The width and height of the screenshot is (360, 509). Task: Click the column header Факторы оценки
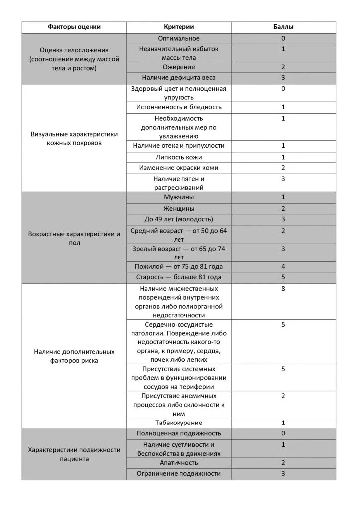click(74, 27)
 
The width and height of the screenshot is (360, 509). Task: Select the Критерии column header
click(179, 27)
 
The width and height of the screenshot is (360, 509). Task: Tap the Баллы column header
click(283, 27)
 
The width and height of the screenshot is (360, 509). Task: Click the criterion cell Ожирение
click(179, 67)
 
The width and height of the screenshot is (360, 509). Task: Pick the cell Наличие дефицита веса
click(179, 78)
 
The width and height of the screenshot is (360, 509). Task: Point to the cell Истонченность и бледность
click(179, 107)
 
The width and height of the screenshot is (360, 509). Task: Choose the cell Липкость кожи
click(179, 157)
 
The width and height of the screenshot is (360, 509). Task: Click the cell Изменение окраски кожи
click(179, 168)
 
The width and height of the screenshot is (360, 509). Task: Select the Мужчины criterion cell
click(179, 197)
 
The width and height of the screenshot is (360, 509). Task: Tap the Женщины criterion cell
click(179, 208)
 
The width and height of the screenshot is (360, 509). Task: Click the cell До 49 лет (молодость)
click(179, 219)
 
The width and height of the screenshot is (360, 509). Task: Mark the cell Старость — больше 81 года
click(179, 277)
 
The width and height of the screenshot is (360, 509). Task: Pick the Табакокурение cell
click(179, 423)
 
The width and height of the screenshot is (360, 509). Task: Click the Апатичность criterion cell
click(179, 463)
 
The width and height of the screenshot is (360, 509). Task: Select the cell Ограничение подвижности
click(179, 474)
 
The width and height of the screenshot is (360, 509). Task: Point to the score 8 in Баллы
click(283, 288)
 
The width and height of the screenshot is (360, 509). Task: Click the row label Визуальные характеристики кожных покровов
click(74, 139)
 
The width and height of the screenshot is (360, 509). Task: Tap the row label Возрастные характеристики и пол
click(74, 239)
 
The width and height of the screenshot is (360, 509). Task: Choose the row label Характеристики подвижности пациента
click(74, 454)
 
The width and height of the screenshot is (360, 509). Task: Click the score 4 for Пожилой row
click(283, 267)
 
